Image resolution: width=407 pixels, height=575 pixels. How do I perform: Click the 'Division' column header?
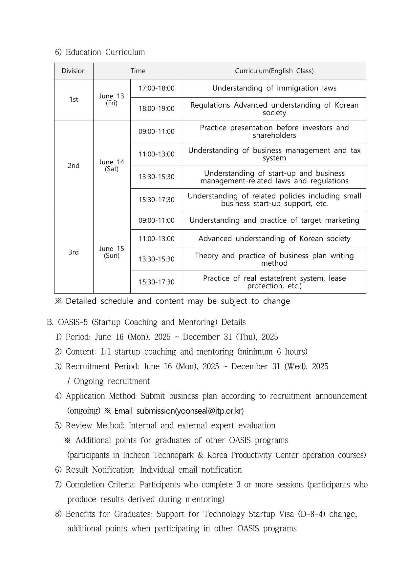[x=74, y=71]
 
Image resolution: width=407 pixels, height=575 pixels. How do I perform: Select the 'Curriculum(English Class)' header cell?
[x=274, y=71]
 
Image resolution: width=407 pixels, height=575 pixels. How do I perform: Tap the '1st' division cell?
[x=74, y=99]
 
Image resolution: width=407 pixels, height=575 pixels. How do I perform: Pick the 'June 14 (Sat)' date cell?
[x=112, y=165]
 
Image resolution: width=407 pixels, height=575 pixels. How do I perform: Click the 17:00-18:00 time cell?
[x=156, y=88]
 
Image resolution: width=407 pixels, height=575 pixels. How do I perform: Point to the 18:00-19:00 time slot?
[x=156, y=109]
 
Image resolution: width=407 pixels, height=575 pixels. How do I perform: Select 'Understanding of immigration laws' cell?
[x=274, y=88]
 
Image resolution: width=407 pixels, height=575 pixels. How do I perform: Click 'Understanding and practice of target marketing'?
[x=274, y=220]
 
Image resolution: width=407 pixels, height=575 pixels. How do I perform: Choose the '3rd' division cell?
[x=74, y=252]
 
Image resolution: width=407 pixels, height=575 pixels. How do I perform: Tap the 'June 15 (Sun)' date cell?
[x=112, y=252]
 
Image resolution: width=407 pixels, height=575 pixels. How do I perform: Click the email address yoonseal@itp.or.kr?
[x=210, y=411]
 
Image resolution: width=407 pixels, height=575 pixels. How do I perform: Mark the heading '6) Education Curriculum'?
[x=100, y=52]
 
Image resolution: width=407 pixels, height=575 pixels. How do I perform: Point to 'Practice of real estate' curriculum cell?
[x=274, y=282]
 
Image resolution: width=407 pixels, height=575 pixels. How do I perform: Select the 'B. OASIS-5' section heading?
[x=146, y=322]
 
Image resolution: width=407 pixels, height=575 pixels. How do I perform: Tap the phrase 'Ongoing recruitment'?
[x=112, y=381]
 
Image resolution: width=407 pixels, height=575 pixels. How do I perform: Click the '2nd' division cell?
[x=74, y=165]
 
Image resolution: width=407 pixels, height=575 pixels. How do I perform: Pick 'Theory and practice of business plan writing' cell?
[x=274, y=259]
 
